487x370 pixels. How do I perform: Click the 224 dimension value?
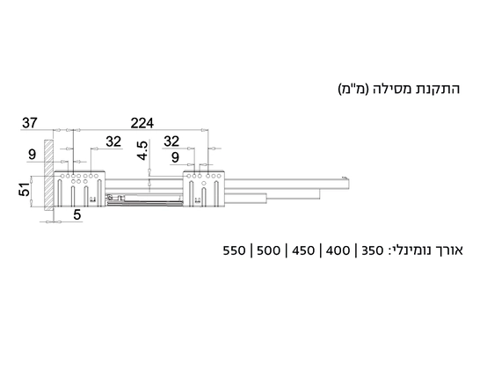point(142,123)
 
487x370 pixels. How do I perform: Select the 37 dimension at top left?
point(30,123)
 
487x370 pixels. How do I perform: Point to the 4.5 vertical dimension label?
point(142,150)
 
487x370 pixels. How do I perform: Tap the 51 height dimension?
point(25,189)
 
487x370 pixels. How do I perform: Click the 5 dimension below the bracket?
point(77,214)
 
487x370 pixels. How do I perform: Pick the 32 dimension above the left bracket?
point(113,141)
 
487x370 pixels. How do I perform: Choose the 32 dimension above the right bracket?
point(171,141)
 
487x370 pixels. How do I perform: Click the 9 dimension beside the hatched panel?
point(32,155)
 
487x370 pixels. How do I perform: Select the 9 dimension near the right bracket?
point(175,157)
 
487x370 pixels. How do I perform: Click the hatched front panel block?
point(48,175)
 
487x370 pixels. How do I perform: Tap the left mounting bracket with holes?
point(80,189)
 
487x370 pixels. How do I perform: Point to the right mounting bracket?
point(204,188)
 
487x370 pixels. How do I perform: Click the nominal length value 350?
point(373,250)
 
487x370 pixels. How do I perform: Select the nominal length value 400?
point(338,250)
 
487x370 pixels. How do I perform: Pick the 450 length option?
point(303,250)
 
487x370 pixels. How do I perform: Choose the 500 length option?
point(269,250)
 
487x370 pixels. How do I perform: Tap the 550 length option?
point(234,250)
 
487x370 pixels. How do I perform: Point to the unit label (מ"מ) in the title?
point(353,89)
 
